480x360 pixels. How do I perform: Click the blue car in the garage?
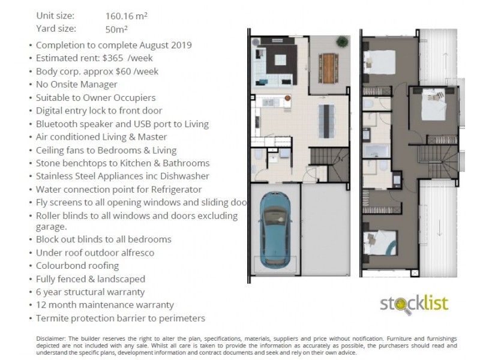pos(275,230)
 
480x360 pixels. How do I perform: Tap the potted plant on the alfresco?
pos(342,41)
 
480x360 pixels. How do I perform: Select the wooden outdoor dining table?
pos(328,68)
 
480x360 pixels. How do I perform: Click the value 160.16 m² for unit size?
pos(126,16)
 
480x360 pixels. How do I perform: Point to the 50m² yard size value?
pos(116,29)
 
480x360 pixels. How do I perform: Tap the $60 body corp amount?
pos(124,71)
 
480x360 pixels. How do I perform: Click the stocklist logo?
pos(414,304)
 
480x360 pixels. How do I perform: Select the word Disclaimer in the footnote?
pos(51,338)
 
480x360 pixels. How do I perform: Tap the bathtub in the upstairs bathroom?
pos(376,151)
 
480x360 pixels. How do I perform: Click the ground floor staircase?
pos(329,164)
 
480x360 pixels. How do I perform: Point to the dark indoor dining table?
pos(326,121)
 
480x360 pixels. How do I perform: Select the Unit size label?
pos(55,16)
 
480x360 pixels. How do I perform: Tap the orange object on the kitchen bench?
pos(287,98)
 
